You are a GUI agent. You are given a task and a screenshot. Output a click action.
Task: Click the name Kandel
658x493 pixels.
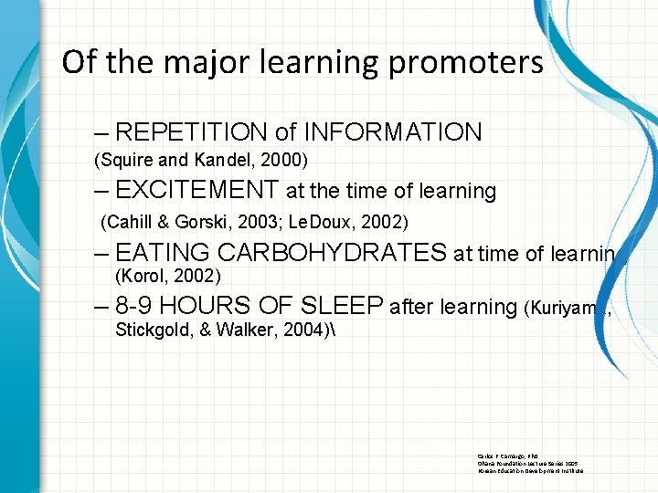pyautogui.click(x=216, y=160)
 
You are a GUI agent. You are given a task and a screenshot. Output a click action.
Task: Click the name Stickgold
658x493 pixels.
pyautogui.click(x=152, y=330)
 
